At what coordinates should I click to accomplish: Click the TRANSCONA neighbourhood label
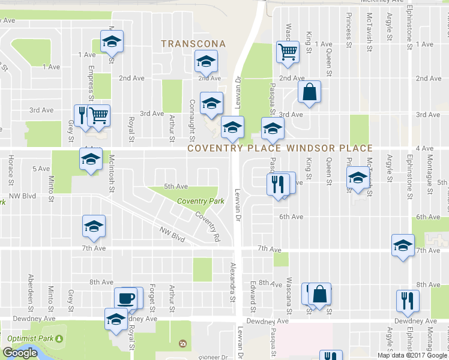coord(194,44)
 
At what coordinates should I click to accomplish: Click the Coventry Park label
coord(197,202)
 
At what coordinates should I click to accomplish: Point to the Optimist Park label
coord(28,338)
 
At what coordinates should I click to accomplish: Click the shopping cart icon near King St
coord(288,52)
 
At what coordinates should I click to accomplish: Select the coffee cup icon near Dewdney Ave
coord(125,298)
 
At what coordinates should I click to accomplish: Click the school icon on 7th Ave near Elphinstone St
coord(403,245)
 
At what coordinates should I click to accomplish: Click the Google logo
coord(20,353)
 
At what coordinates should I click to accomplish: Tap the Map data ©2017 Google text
coord(412,355)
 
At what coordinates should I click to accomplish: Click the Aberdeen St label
coord(30,289)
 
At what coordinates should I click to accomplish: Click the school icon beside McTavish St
coord(358,178)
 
